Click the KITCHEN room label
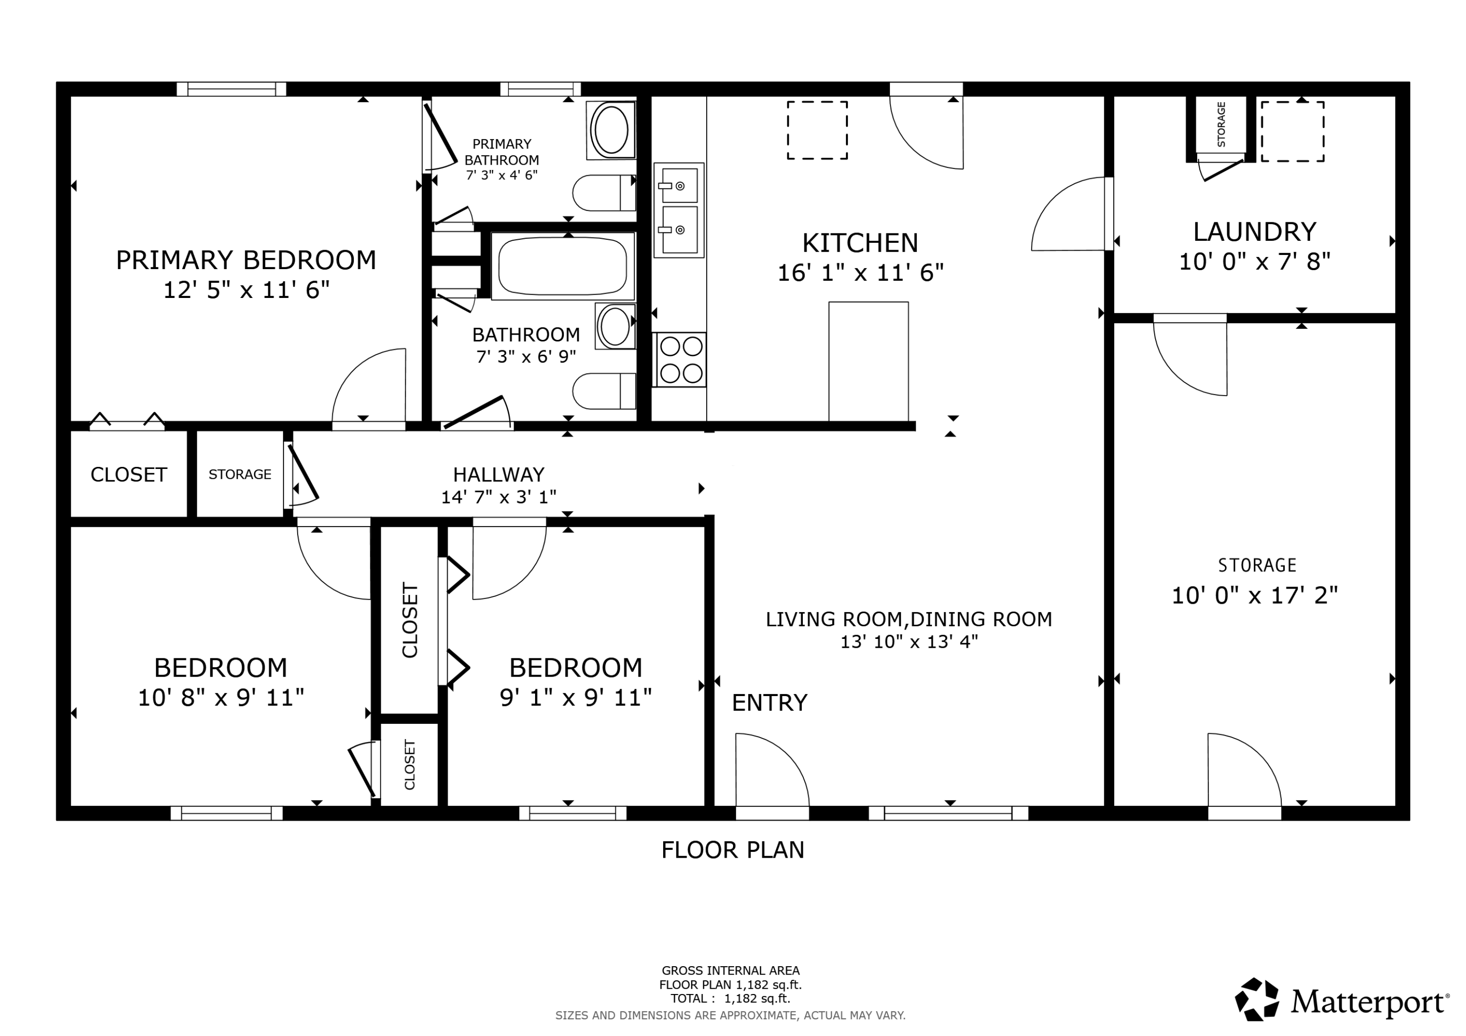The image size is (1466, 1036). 860,243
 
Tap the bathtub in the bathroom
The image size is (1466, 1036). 562,266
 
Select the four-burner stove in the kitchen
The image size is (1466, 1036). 681,359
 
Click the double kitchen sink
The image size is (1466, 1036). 679,210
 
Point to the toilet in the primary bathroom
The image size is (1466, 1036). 604,193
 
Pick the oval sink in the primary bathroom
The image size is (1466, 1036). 611,129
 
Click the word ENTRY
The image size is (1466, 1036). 769,703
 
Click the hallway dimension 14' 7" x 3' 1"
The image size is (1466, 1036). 498,497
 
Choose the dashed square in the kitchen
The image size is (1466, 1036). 817,130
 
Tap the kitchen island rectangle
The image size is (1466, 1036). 868,361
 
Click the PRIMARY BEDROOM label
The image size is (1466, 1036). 246,260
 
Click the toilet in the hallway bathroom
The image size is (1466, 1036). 604,391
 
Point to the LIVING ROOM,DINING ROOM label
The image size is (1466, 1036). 908,619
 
